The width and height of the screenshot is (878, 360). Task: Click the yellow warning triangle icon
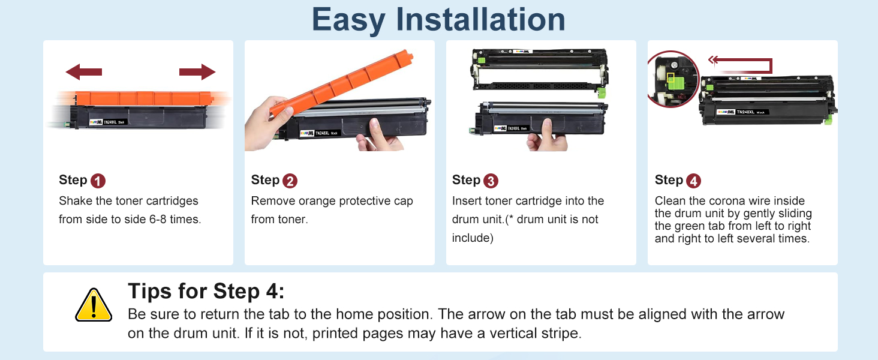point(94,305)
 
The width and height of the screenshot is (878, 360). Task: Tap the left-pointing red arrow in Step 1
point(83,72)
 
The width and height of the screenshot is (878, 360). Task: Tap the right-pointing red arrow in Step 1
point(197,72)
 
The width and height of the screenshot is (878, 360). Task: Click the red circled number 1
point(98,181)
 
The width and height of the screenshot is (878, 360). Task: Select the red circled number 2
point(290,181)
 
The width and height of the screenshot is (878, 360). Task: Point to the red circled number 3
point(491,181)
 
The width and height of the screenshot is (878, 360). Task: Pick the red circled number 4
point(693,181)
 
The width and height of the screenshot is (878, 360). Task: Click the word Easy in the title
point(348,20)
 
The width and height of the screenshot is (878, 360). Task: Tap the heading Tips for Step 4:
point(206,291)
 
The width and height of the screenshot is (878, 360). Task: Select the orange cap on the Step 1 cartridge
point(143,98)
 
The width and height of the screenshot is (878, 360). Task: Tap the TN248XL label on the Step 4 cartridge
point(745,112)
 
